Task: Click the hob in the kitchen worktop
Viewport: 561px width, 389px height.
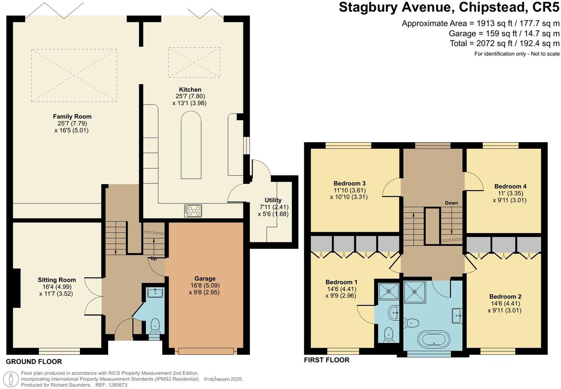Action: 193,210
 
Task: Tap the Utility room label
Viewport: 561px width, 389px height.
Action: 273,200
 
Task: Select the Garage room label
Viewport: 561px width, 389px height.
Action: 205,279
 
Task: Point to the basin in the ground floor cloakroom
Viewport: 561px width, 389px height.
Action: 155,293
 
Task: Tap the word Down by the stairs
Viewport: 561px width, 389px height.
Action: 451,203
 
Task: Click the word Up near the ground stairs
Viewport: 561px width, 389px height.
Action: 154,259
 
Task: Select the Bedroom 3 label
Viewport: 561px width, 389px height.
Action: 349,184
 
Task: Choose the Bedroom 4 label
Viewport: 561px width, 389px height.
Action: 510,186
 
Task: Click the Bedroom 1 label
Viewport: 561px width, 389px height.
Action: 341,282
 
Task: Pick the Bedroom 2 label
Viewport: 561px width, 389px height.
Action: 505,297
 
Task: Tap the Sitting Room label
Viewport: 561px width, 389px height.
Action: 57,280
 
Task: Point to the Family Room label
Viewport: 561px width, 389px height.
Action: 72,116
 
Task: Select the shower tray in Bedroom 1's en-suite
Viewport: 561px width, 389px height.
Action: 388,291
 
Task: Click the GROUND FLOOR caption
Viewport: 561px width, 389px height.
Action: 34,362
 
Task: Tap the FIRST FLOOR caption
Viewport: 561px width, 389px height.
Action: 326,360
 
